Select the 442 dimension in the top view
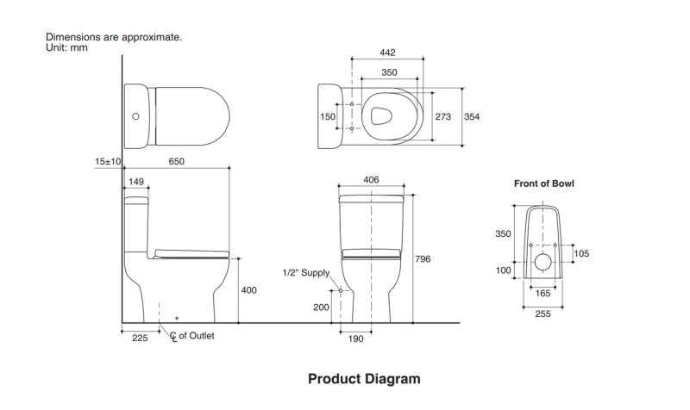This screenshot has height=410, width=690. tap(388, 53)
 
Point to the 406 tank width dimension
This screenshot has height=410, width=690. tap(371, 179)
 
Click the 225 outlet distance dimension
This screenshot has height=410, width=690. tap(141, 338)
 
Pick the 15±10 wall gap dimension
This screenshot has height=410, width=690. tap(108, 161)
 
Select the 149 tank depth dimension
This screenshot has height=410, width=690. tap(135, 182)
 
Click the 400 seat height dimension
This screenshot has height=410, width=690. tap(248, 290)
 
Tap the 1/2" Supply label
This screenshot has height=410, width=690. tap(306, 273)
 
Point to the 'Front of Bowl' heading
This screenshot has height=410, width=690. tap(543, 183)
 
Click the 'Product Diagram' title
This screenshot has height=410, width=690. tap(364, 378)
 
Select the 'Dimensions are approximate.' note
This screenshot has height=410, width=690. tap(113, 37)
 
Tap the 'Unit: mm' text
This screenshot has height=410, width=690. tap(66, 47)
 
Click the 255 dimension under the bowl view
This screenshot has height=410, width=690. tap(543, 314)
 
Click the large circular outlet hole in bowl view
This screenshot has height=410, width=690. tap(543, 262)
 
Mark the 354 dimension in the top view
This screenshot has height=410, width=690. tap(474, 116)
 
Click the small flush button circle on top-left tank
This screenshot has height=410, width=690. tap(135, 115)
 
